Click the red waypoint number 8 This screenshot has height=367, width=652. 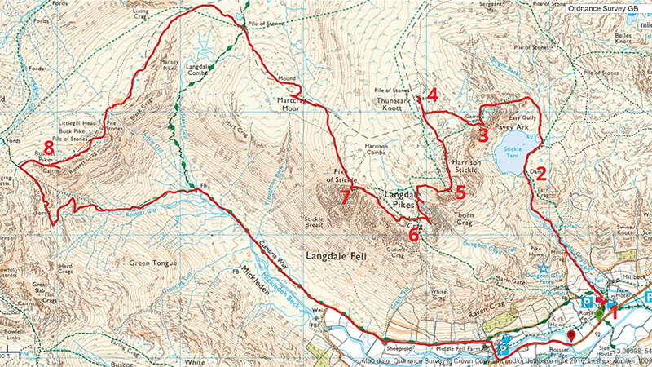tap(50, 148)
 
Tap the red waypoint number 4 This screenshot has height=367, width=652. tap(433, 95)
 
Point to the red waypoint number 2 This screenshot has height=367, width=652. tap(540, 173)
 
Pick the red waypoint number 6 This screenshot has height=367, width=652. tap(414, 235)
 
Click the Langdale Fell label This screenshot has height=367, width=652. tap(335, 255)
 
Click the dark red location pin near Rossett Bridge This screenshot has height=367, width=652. tap(572, 334)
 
